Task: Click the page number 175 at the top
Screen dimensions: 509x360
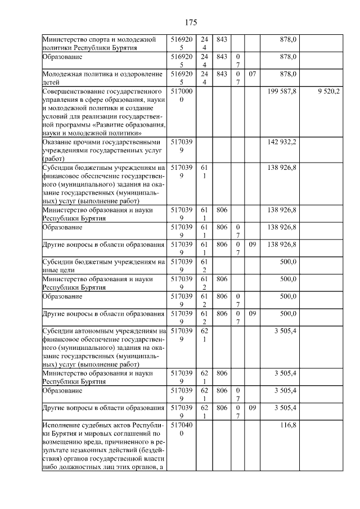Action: pyautogui.click(x=191, y=22)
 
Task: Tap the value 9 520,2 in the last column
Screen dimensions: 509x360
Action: pyautogui.click(x=328, y=91)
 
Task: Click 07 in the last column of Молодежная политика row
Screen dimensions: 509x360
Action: pyautogui.click(x=253, y=74)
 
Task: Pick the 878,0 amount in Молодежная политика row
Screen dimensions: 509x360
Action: pyautogui.click(x=289, y=74)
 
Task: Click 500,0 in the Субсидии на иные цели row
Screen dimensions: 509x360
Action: pyautogui.click(x=289, y=262)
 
